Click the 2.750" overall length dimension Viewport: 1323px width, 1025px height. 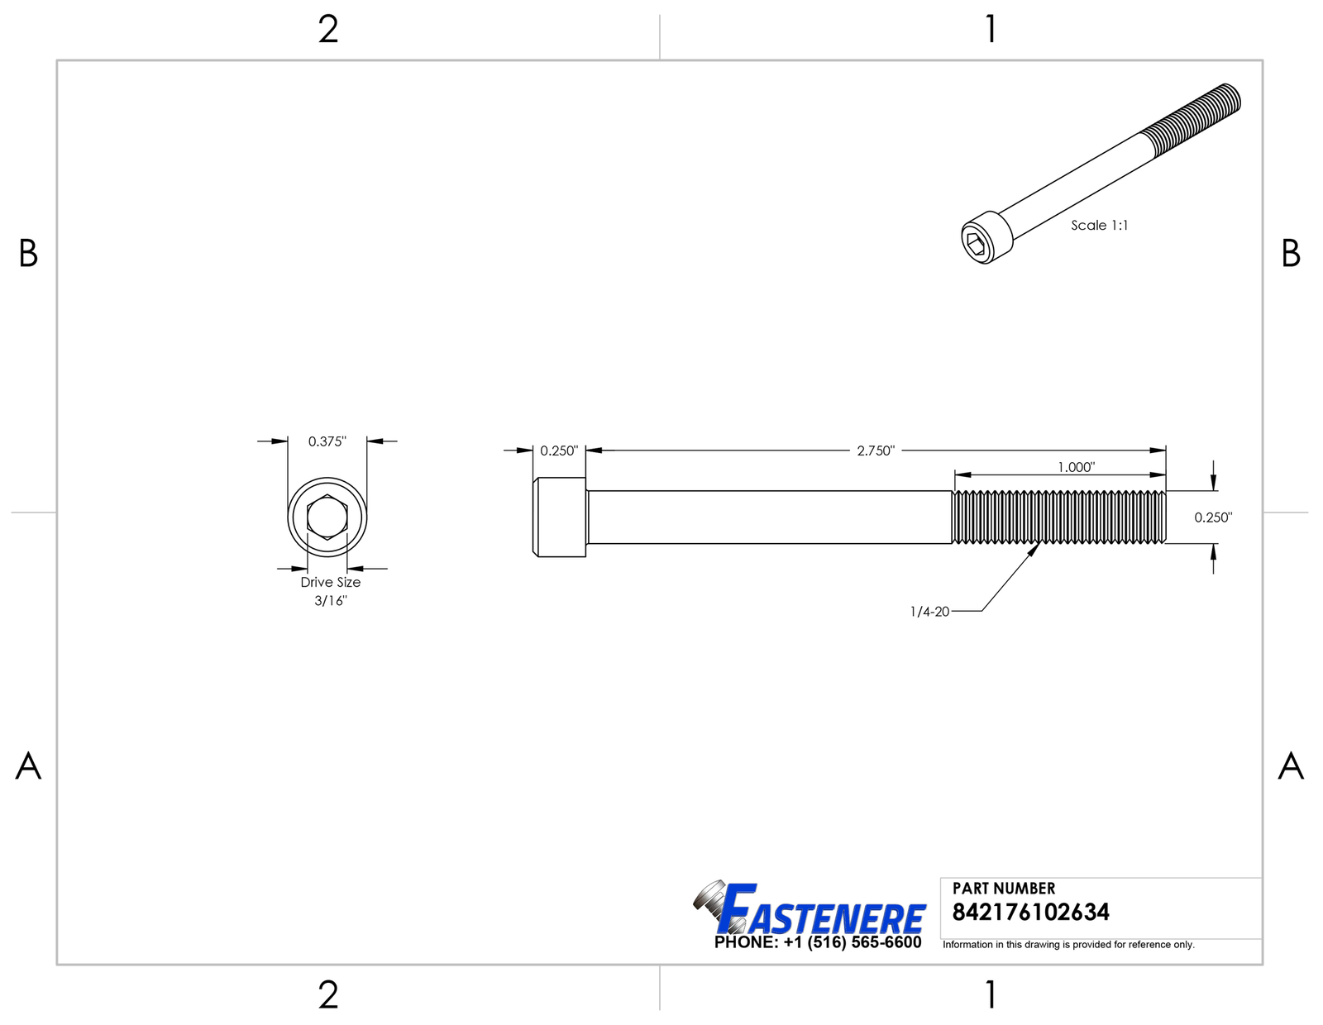[876, 451]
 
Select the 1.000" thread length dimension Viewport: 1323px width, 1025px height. [1076, 468]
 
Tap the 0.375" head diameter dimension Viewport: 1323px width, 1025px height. [327, 441]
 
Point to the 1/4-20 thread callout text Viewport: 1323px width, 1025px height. [929, 612]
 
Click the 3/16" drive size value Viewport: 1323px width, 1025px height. [331, 601]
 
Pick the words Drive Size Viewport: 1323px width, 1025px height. [330, 582]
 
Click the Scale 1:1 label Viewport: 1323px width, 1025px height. [1099, 225]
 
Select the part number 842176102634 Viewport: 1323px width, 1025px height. [1030, 913]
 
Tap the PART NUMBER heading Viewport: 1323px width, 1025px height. [1004, 889]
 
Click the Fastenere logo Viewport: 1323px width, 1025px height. [810, 909]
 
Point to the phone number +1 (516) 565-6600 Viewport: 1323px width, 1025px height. [852, 943]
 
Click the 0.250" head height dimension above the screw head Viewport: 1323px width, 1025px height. [559, 451]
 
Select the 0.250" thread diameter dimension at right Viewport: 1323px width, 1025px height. [1213, 517]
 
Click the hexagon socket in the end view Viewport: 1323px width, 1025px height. [327, 517]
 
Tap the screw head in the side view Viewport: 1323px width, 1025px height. [560, 517]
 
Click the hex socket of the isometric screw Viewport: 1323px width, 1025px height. [976, 241]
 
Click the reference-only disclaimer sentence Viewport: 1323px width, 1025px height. [1068, 945]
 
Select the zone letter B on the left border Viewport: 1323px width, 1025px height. [28, 254]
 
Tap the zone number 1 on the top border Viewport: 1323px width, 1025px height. [991, 30]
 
